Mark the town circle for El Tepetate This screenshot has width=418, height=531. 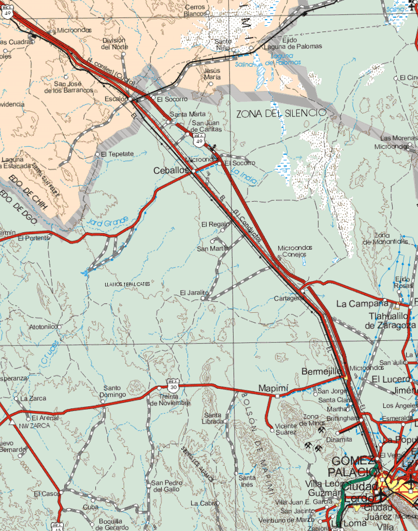[x=97, y=155]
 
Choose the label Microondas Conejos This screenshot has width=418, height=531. [x=295, y=251]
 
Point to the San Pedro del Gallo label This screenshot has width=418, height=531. [x=166, y=486]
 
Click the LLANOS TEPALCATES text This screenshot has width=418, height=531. [x=127, y=284]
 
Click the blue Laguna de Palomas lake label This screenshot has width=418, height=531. [x=282, y=59]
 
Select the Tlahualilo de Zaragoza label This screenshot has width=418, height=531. [x=391, y=321]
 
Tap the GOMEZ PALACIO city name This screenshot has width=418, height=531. [x=351, y=466]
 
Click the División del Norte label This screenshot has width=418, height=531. [x=115, y=43]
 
